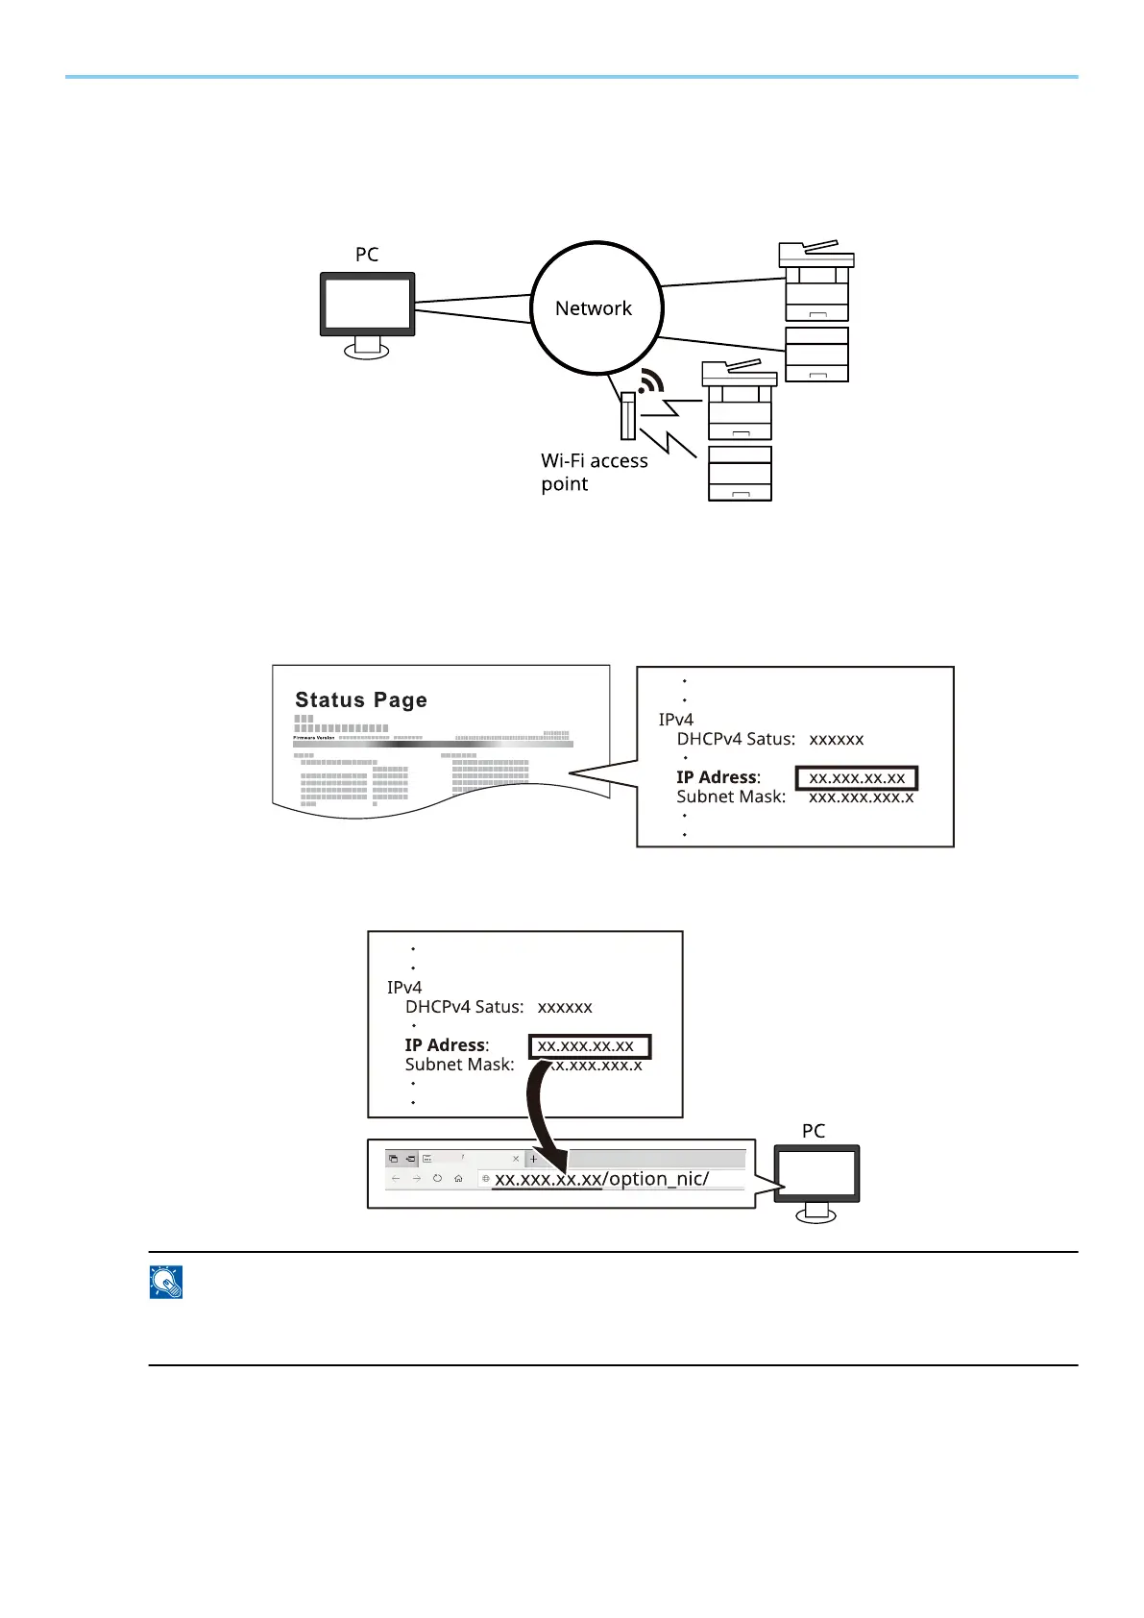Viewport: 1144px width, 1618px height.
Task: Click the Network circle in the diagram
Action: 596,308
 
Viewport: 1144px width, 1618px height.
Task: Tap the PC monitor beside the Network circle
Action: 368,306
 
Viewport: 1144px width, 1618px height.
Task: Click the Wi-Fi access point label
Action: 594,472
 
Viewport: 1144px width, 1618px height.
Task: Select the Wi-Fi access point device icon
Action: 628,415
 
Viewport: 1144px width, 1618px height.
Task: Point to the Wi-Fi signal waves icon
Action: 651,381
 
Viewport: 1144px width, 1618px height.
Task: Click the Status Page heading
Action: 361,700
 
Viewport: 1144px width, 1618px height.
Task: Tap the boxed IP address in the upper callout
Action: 857,777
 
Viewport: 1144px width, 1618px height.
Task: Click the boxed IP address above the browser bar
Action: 590,1045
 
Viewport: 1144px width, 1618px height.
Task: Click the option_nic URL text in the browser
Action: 602,1179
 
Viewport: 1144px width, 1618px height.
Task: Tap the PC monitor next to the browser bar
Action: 816,1174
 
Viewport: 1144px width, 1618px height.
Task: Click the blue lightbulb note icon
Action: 166,1283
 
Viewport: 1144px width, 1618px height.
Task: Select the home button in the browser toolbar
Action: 459,1179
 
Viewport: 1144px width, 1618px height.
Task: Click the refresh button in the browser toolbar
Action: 437,1179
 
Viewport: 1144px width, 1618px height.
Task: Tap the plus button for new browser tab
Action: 534,1159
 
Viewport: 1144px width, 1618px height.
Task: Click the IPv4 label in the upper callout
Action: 675,720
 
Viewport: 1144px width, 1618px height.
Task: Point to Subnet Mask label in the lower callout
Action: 459,1065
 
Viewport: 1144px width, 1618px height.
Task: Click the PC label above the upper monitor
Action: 367,255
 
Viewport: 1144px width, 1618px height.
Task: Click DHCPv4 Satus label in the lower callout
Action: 464,1007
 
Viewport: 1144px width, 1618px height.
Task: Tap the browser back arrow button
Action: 396,1179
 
